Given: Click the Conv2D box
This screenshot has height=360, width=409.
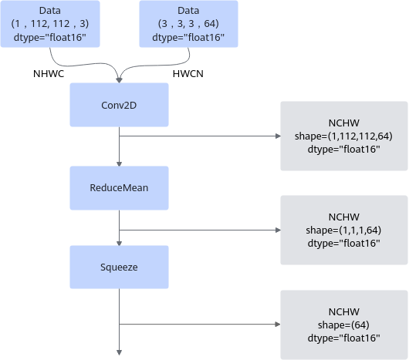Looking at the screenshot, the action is pyautogui.click(x=119, y=105).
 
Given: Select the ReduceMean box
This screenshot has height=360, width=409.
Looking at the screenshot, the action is pyautogui.click(x=119, y=188).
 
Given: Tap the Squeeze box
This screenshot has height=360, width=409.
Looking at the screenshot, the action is pyautogui.click(x=119, y=267).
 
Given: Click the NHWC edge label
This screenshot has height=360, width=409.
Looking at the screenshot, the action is pyautogui.click(x=49, y=74).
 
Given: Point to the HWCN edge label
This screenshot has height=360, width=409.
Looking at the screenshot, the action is pyautogui.click(x=188, y=74).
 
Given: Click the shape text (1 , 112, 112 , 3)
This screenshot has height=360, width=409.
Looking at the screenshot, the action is pyautogui.click(x=50, y=24).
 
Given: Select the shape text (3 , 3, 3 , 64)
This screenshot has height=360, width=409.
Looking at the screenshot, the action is pyautogui.click(x=188, y=24).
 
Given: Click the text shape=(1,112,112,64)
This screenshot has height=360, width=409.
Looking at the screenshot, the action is pyautogui.click(x=343, y=136).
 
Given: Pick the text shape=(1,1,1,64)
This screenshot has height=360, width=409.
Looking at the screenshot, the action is pyautogui.click(x=343, y=230).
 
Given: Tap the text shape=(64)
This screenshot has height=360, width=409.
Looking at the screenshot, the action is pyautogui.click(x=343, y=325).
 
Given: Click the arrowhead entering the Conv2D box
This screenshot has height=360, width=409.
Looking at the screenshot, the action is pyautogui.click(x=119, y=80).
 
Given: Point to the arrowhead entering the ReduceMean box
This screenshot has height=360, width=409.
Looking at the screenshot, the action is pyautogui.click(x=119, y=164).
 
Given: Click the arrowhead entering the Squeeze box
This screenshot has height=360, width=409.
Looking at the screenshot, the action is pyautogui.click(x=119, y=244).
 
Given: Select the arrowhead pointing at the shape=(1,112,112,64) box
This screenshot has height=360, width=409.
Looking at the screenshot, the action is pyautogui.click(x=278, y=136).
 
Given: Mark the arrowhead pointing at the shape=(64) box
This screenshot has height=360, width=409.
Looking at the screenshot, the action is pyautogui.click(x=278, y=325).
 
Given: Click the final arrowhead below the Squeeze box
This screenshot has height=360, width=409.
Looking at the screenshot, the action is pyautogui.click(x=119, y=353).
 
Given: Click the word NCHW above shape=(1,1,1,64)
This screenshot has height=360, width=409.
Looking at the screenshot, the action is pyautogui.click(x=343, y=217).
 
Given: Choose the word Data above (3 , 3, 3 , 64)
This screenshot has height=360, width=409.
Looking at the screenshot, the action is pyautogui.click(x=188, y=11).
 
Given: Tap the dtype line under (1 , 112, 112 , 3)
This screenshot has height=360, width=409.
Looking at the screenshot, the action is pyautogui.click(x=50, y=37).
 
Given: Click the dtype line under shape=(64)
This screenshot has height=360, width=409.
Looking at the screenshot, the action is pyautogui.click(x=343, y=338).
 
